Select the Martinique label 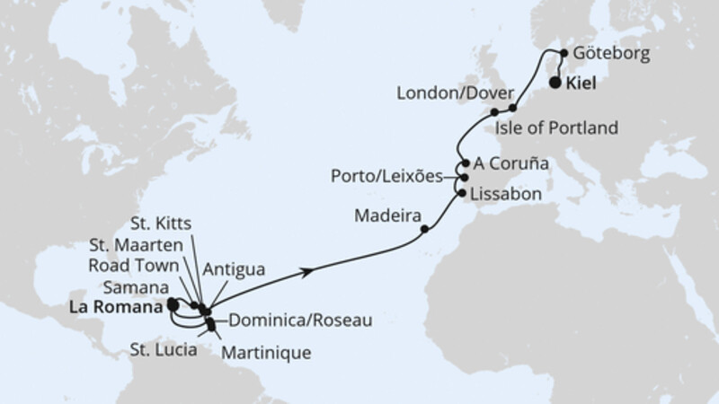click(x=267, y=353)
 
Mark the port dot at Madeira click(x=424, y=229)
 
